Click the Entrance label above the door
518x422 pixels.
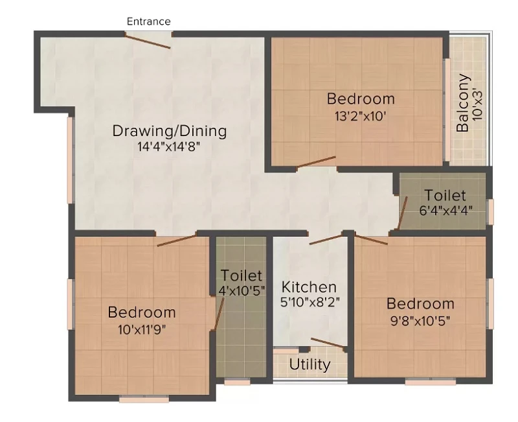pyautogui.click(x=149, y=21)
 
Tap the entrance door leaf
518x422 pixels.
pyautogui.click(x=148, y=41)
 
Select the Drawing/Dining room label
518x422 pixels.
pyautogui.click(x=170, y=131)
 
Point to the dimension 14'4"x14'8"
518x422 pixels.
pyautogui.click(x=169, y=147)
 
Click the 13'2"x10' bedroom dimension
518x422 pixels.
pyautogui.click(x=361, y=117)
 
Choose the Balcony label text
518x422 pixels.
pyautogui.click(x=462, y=103)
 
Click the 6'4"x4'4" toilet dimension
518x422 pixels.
pyautogui.click(x=445, y=211)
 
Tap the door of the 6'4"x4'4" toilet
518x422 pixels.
pyautogui.click(x=402, y=213)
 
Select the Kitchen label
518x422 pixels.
pyautogui.click(x=309, y=287)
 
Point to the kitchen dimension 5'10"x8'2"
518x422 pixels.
pyautogui.click(x=310, y=302)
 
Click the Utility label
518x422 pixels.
pyautogui.click(x=310, y=364)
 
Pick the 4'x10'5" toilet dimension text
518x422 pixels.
pyautogui.click(x=242, y=290)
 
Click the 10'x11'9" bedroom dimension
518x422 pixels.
pyautogui.click(x=142, y=330)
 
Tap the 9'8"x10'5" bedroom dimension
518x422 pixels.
pyautogui.click(x=420, y=321)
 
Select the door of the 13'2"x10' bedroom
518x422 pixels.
pyautogui.click(x=316, y=162)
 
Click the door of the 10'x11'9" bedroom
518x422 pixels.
pyautogui.click(x=177, y=240)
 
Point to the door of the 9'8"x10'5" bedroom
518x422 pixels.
pyautogui.click(x=371, y=239)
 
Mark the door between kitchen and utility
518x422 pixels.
pyautogui.click(x=328, y=343)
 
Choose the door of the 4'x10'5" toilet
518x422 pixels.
pyautogui.click(x=219, y=314)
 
